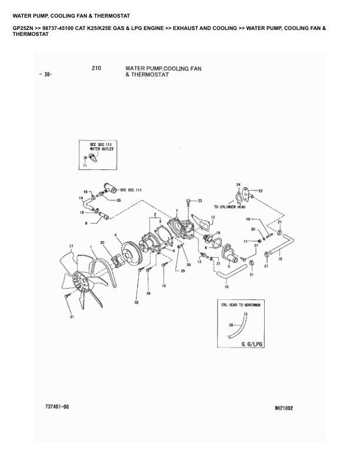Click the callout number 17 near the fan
pyautogui.click(x=71, y=245)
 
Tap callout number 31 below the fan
pyautogui.click(x=71, y=317)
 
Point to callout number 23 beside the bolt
pyautogui.click(x=199, y=201)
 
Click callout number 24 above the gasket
pyautogui.click(x=238, y=184)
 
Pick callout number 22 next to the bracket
pyautogui.click(x=261, y=191)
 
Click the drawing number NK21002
pyautogui.click(x=284, y=407)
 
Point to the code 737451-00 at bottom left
pyautogui.click(x=57, y=407)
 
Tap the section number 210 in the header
pyautogui.click(x=97, y=68)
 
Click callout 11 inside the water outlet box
pyautogui.click(x=85, y=167)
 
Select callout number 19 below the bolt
pyautogui.click(x=164, y=287)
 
